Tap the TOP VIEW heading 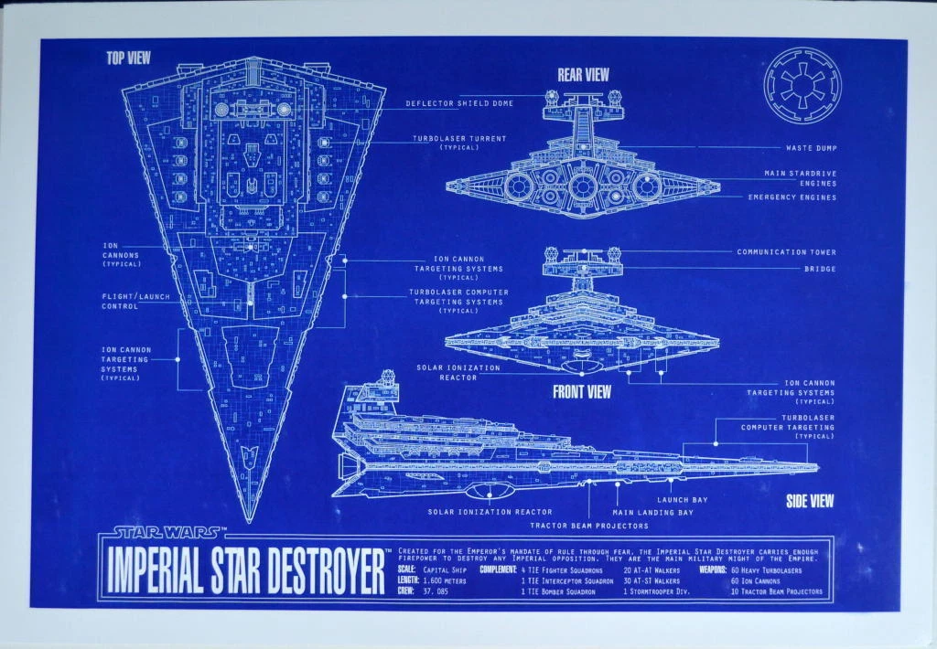click(x=128, y=59)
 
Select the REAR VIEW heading click(x=583, y=75)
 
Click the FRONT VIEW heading click(x=581, y=392)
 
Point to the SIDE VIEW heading click(x=809, y=500)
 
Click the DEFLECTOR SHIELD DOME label click(x=459, y=103)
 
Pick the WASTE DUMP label click(x=811, y=147)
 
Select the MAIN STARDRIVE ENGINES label click(x=800, y=177)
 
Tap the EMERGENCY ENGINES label click(x=792, y=197)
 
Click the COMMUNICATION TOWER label click(x=786, y=251)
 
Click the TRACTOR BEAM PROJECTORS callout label click(x=588, y=526)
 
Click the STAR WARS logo click(x=167, y=530)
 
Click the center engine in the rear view click(x=583, y=186)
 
